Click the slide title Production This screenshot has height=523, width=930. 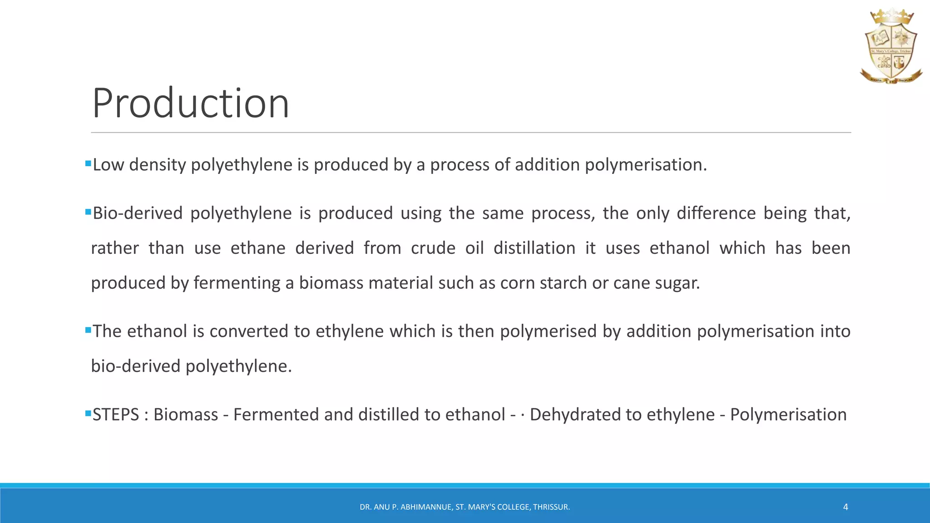point(191,104)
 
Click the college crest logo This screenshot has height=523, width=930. point(891,47)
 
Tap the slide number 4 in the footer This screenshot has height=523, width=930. point(846,507)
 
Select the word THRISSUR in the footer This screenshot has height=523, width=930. point(551,507)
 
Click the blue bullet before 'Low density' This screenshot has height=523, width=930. point(88,163)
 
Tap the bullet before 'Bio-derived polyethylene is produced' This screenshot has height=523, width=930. point(88,212)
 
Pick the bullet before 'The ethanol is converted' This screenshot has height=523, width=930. point(88,330)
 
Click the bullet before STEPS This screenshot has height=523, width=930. point(88,413)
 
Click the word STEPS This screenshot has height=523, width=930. point(116,415)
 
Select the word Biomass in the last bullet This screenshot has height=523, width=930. point(186,415)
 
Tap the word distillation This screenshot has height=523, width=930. point(534,248)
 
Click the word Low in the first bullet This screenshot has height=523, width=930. point(108,165)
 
